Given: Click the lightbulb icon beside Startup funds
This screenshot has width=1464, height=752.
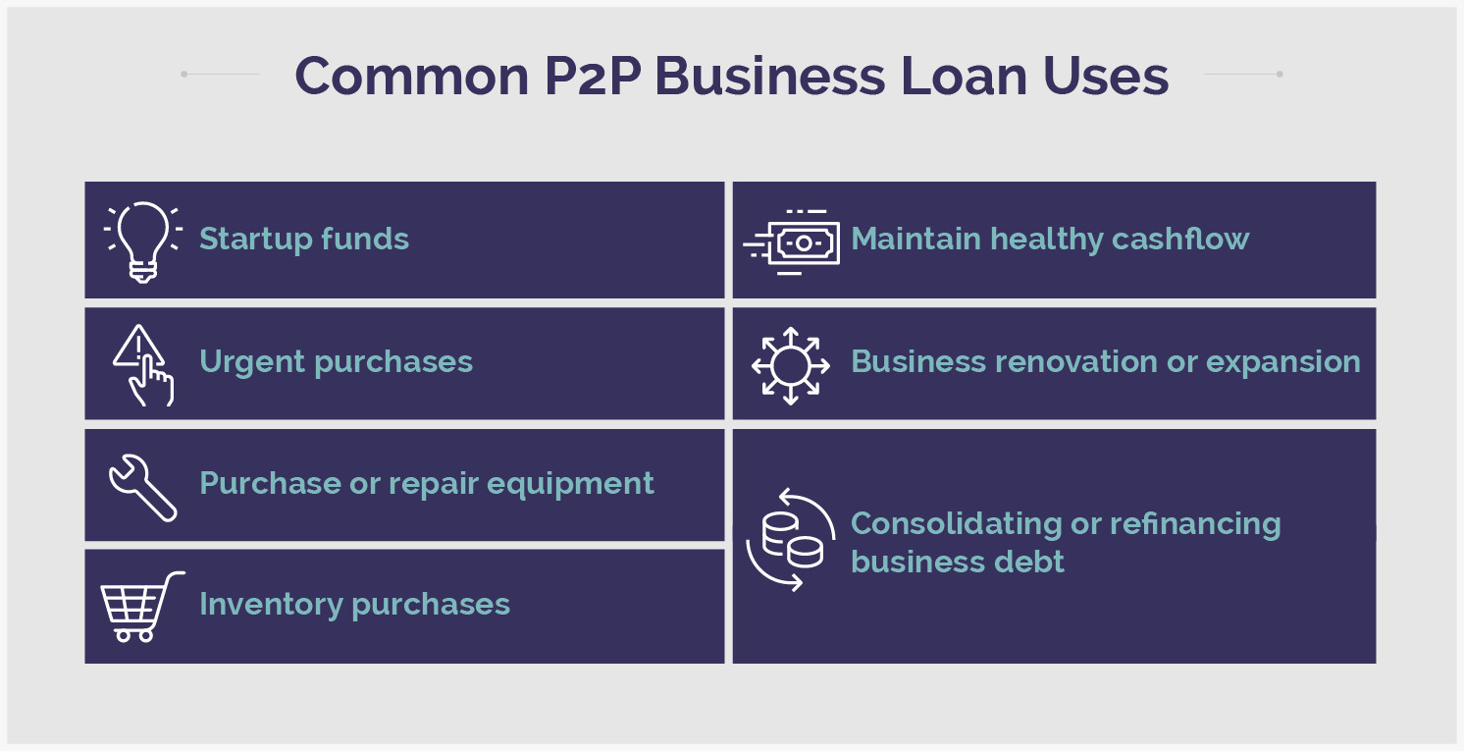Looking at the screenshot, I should coord(143,241).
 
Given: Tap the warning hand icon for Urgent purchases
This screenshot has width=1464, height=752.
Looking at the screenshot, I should coord(143,364).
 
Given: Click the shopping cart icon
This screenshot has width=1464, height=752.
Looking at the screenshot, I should coord(141,606).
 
